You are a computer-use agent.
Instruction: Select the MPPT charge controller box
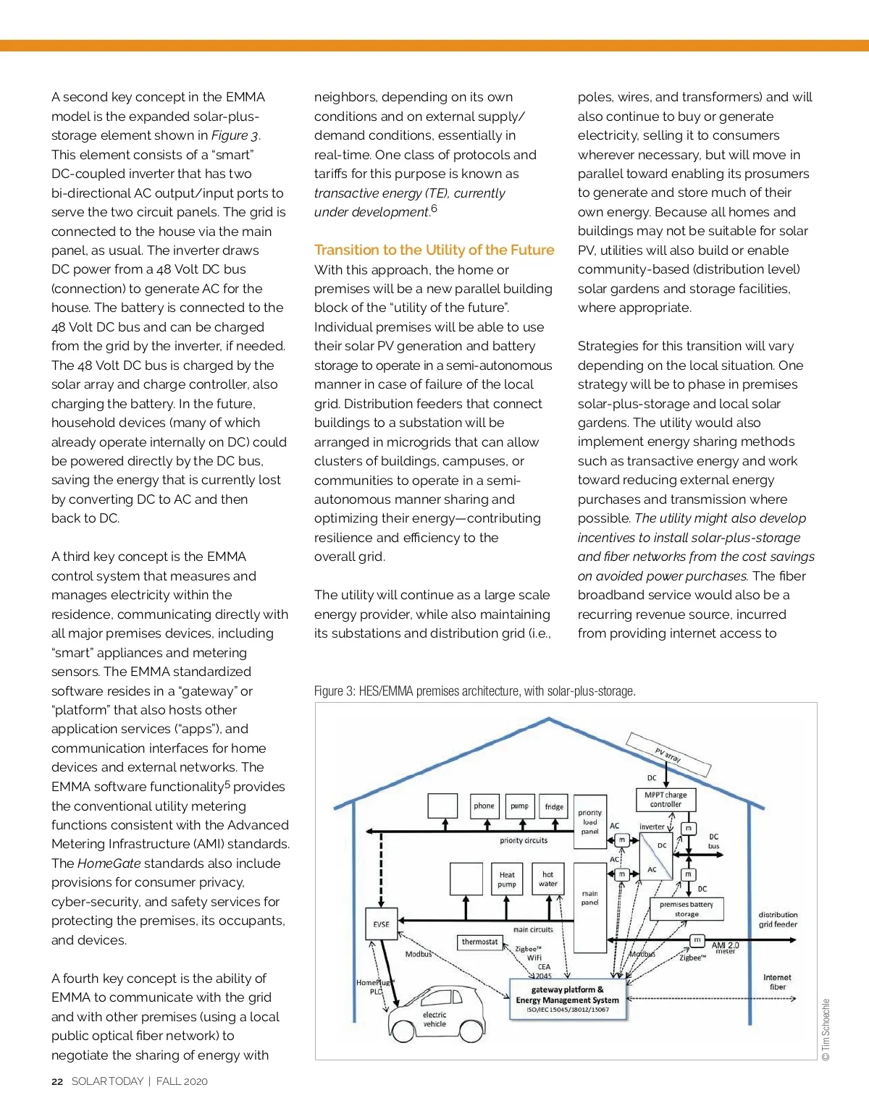pyautogui.click(x=666, y=799)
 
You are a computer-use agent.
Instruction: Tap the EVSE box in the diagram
pyautogui.click(x=381, y=924)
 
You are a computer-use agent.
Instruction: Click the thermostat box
pyautogui.click(x=479, y=942)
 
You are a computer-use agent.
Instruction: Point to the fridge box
pyautogui.click(x=554, y=806)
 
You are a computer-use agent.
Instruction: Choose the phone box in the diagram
pyautogui.click(x=484, y=806)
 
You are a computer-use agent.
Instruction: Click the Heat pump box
pyautogui.click(x=507, y=879)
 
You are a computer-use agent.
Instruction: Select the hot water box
pyautogui.click(x=548, y=879)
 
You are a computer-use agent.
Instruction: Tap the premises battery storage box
pyautogui.click(x=687, y=909)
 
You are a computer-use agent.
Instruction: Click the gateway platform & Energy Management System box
pyautogui.click(x=568, y=999)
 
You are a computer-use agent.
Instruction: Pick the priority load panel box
pyautogui.click(x=590, y=822)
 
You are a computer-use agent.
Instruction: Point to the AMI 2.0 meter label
pyautogui.click(x=725, y=947)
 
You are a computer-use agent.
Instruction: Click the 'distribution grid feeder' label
pyautogui.click(x=778, y=919)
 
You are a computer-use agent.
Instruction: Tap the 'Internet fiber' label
pyautogui.click(x=777, y=981)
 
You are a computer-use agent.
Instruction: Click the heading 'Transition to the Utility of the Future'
pyautogui.click(x=434, y=250)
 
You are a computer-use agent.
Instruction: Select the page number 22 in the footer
pyautogui.click(x=57, y=1081)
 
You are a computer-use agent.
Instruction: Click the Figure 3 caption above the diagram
pyautogui.click(x=474, y=691)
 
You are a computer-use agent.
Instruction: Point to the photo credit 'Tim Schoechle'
pyautogui.click(x=826, y=1029)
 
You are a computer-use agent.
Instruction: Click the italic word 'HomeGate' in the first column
pyautogui.click(x=109, y=863)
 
